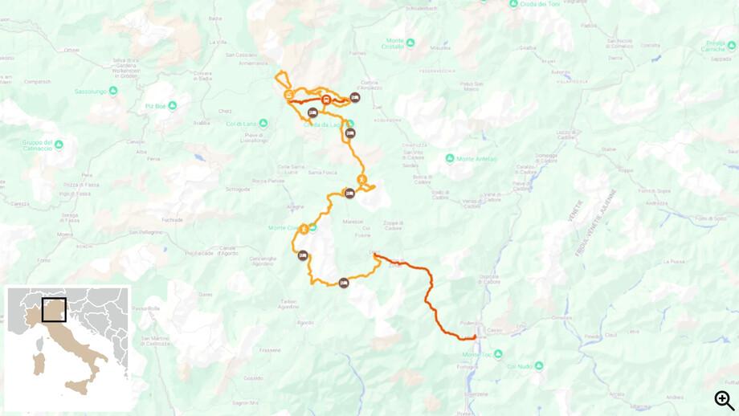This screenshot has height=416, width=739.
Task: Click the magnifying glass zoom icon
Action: click(724, 399)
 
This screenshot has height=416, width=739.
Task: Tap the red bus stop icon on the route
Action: click(326, 100)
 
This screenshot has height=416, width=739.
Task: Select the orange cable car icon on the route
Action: click(288, 95)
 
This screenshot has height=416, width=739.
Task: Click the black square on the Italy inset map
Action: click(54, 309)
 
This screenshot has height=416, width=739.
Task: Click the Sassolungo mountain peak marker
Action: click(112, 91)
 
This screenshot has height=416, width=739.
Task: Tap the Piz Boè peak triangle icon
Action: click(172, 106)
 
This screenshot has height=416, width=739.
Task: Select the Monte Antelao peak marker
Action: click(450, 158)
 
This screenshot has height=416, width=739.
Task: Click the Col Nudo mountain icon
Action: click(539, 366)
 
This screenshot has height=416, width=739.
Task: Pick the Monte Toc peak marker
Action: click(498, 353)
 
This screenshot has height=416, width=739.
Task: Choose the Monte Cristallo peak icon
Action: click(410, 43)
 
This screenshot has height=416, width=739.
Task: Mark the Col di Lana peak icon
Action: click(263, 123)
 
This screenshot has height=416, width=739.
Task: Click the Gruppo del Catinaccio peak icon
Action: click(58, 145)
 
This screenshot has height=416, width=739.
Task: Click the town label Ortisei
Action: click(71, 50)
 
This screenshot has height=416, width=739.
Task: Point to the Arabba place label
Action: click(202, 123)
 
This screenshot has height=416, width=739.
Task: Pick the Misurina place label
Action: click(440, 47)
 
